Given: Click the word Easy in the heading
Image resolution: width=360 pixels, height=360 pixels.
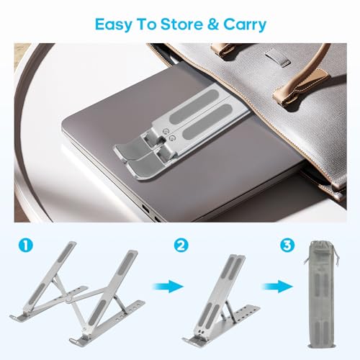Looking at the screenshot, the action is [x=113, y=25].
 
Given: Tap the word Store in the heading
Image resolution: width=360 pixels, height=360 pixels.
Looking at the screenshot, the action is [x=181, y=24].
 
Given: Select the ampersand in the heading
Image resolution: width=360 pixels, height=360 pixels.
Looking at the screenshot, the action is [x=213, y=24].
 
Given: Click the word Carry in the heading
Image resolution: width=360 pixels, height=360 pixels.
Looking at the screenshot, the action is [x=245, y=25].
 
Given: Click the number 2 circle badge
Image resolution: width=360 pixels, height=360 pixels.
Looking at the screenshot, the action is [x=181, y=245].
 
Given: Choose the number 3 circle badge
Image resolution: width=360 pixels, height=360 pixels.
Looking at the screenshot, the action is [x=287, y=245].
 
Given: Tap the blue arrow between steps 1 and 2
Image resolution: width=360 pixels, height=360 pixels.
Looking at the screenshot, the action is [x=168, y=286].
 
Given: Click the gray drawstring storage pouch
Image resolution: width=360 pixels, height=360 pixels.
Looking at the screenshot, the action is [x=320, y=294].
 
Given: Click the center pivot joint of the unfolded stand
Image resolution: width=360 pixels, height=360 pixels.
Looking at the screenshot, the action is [x=70, y=300].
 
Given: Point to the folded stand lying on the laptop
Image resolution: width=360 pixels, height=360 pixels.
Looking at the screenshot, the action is [x=180, y=131].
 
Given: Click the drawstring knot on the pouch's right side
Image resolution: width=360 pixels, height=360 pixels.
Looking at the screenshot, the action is [x=336, y=256].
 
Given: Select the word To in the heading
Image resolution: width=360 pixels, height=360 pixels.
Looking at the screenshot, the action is [x=146, y=24].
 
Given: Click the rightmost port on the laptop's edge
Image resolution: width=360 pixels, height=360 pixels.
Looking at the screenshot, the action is [x=158, y=219].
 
